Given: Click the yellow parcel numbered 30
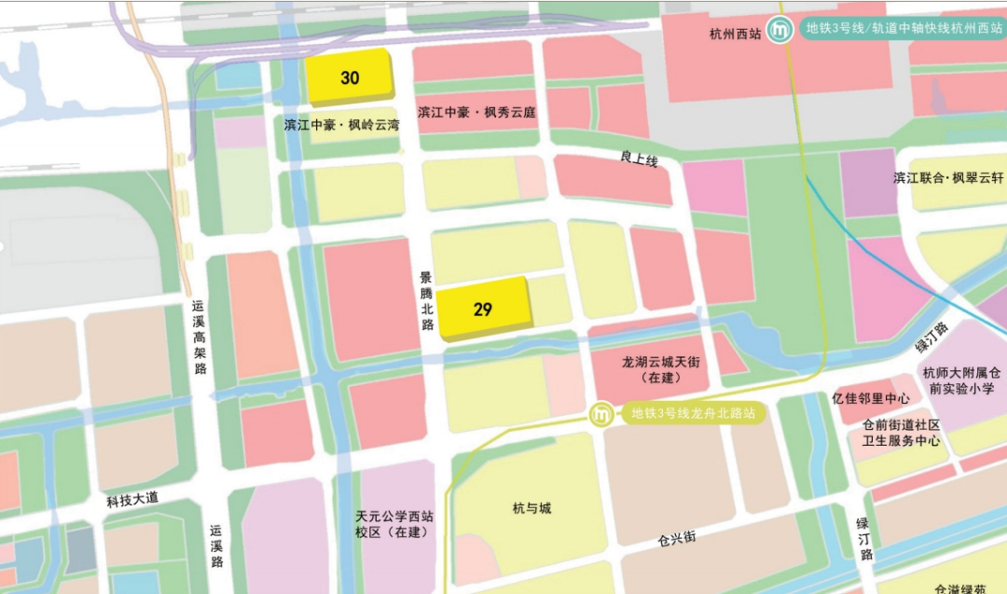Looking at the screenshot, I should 349,77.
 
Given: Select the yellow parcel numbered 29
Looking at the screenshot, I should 482,309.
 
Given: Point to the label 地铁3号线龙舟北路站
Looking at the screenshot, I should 692,413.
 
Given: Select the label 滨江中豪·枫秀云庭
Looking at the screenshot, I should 476,113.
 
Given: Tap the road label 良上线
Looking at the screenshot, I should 639,161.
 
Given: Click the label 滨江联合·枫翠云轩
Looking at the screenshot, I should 948,178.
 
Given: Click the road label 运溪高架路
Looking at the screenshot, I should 199,337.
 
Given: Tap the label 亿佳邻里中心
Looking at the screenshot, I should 871,397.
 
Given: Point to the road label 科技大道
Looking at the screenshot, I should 132,500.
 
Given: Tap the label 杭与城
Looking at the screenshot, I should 531,508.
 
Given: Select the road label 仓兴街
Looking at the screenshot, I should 676,539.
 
